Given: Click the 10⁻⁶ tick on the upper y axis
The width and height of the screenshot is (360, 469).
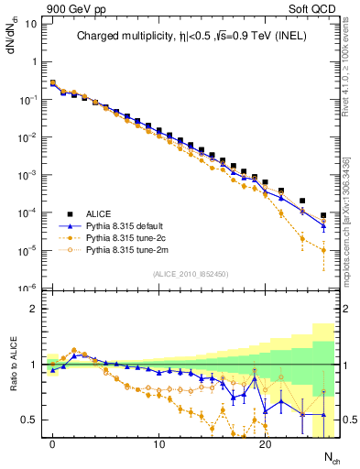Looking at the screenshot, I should (27, 288).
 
